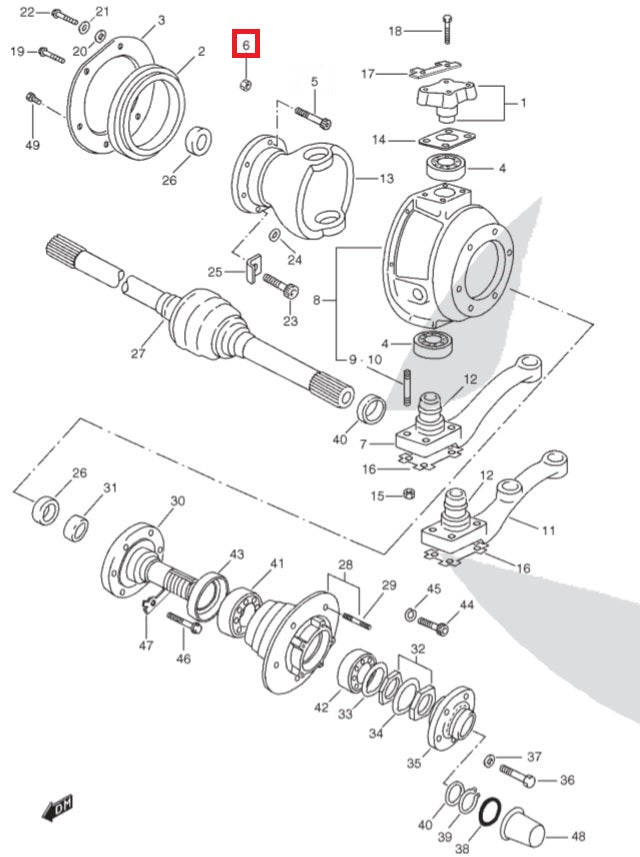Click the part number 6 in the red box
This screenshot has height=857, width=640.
(x=245, y=45)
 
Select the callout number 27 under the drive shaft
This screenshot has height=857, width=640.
(x=138, y=353)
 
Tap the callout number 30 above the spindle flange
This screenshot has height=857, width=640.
(x=177, y=501)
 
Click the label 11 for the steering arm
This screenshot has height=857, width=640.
(x=547, y=530)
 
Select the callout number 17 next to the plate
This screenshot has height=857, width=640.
(x=368, y=74)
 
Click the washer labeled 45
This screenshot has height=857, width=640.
(x=412, y=612)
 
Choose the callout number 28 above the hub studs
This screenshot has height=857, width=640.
(x=345, y=566)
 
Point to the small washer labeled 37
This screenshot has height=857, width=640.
(x=488, y=761)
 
